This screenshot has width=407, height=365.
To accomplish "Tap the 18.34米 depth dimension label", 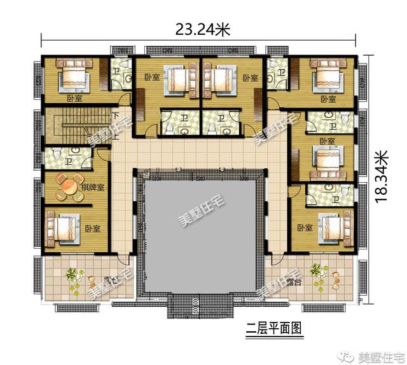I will pos(381,176).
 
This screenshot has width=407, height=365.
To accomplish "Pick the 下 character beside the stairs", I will pos(115,117).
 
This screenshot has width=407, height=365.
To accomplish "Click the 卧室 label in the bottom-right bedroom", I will pos(303,227).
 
